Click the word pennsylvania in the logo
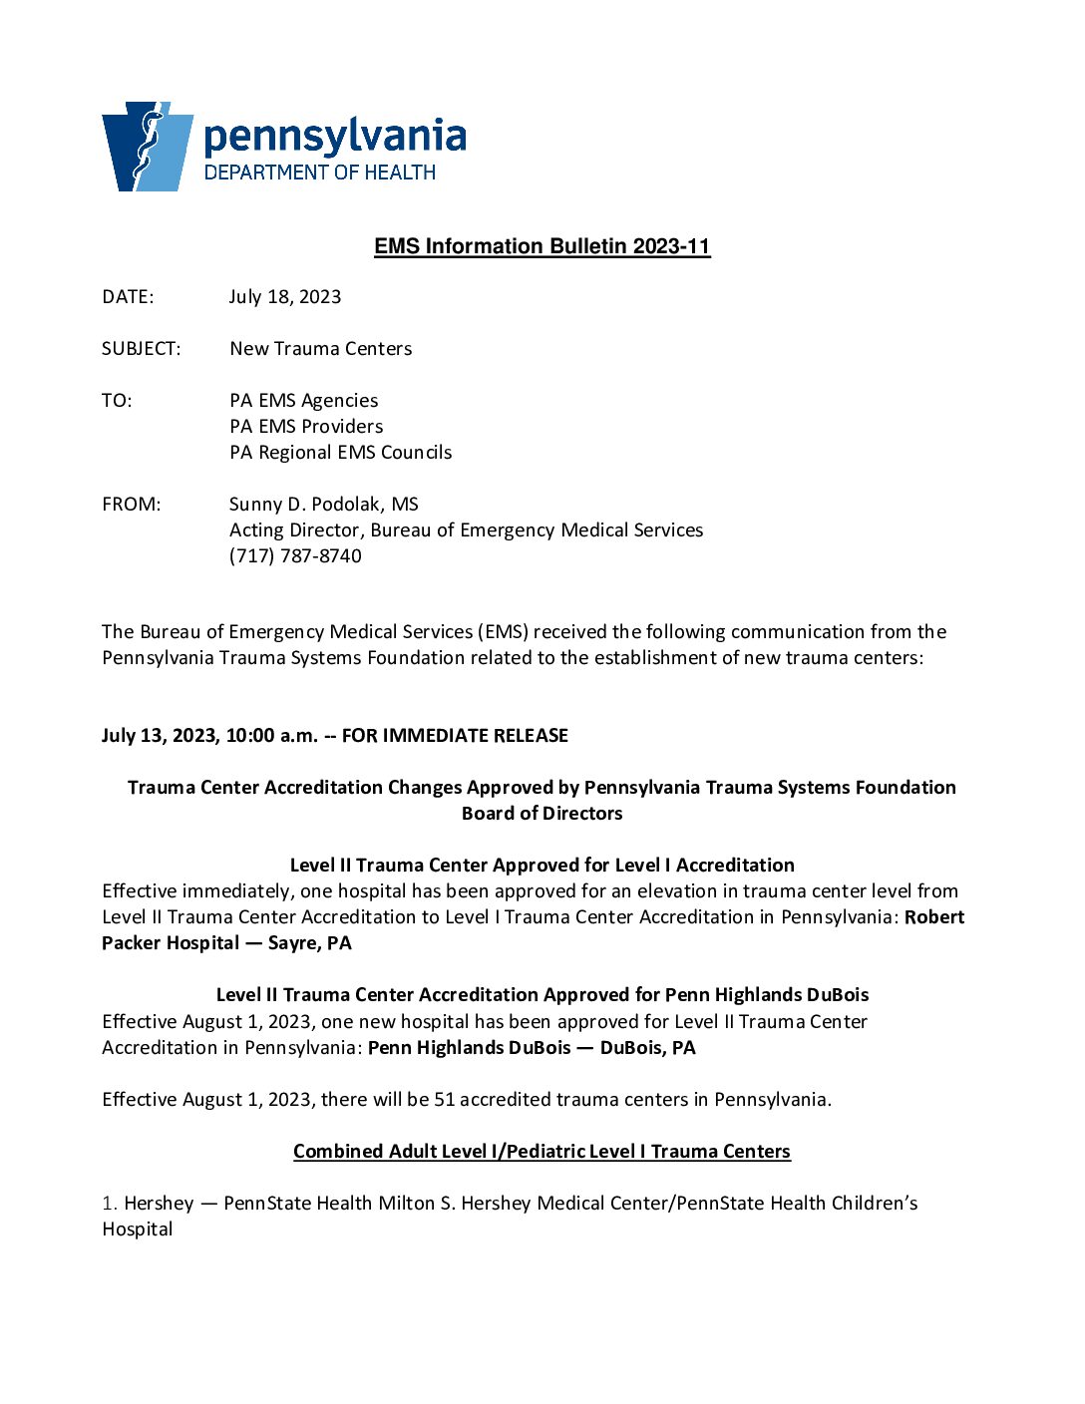click(335, 137)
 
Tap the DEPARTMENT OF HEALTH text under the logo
click(320, 173)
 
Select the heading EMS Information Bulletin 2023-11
click(542, 246)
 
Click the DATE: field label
click(128, 297)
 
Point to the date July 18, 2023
click(285, 297)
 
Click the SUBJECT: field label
click(142, 349)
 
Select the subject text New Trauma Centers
click(321, 349)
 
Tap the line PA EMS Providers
click(306, 427)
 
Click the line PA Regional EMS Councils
click(341, 453)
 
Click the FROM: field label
click(132, 505)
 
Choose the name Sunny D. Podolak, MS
click(324, 505)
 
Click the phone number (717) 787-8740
click(296, 556)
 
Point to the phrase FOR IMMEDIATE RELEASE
click(455, 736)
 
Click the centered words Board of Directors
click(542, 814)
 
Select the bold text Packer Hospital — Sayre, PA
click(227, 943)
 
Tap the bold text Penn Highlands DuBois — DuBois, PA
click(532, 1048)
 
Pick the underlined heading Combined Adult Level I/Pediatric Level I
click(542, 1152)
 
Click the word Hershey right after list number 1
click(159, 1204)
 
